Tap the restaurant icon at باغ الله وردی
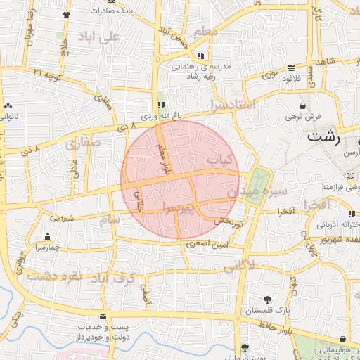tap(161, 105)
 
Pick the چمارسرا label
tap(47, 247)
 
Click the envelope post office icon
tap(104, 317)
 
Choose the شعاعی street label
tap(62, 218)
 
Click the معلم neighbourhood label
tap(214, 32)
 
